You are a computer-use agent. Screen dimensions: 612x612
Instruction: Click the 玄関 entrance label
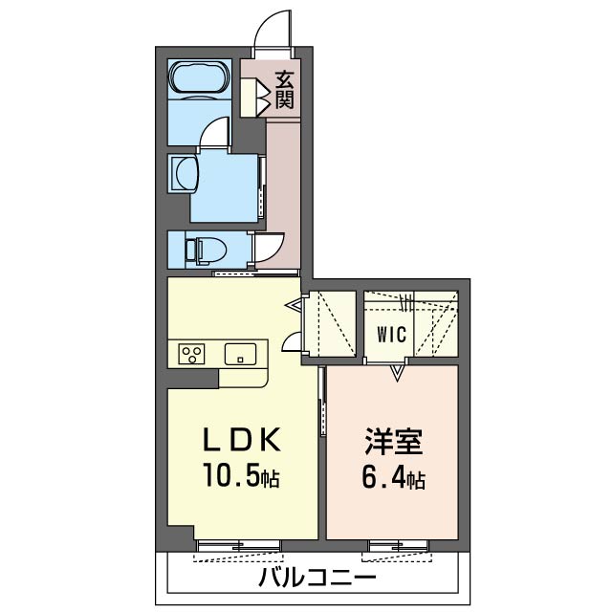[x=285, y=91]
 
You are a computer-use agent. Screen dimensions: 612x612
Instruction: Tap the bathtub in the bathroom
[x=200, y=77]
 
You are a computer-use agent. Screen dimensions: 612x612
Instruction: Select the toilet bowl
[x=207, y=251]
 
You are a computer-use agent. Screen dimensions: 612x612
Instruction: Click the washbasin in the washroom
[x=184, y=173]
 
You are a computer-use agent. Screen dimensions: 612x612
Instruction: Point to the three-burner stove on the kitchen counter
[x=191, y=354]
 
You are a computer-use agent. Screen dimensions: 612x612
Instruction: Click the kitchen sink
[x=240, y=354]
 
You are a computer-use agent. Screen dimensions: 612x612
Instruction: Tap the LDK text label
[x=241, y=440]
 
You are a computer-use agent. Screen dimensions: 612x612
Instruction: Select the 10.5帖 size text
[x=241, y=476]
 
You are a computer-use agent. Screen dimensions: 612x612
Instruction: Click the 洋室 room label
[x=393, y=442]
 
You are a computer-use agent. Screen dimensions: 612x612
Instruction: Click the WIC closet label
[x=391, y=335]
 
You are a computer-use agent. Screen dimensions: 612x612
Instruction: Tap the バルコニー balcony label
[x=317, y=578]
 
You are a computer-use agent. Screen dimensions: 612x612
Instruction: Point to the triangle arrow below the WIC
[x=397, y=372]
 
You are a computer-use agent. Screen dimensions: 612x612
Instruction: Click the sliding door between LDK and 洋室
[x=322, y=402]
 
